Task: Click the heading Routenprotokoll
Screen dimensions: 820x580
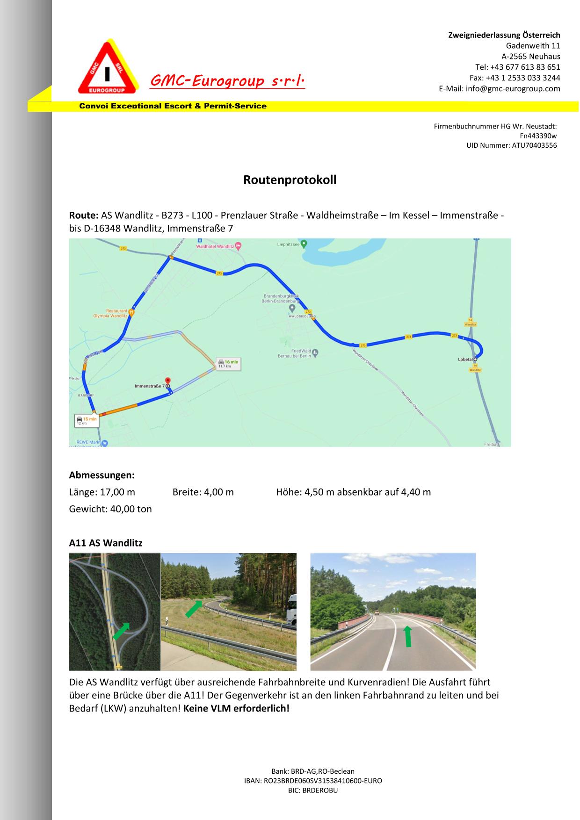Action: [x=290, y=180]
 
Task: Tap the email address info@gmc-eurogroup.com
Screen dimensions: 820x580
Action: [x=513, y=89]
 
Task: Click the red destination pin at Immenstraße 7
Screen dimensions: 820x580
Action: [x=168, y=381]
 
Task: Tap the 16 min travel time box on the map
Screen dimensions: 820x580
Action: [x=228, y=363]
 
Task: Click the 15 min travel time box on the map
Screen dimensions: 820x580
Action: [x=86, y=420]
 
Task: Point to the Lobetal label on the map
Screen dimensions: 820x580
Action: [x=465, y=359]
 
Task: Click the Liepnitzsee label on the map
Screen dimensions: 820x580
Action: [x=289, y=244]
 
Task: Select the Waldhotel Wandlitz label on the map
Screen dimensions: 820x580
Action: [x=215, y=246]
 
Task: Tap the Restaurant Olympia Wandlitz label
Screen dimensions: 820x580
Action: [x=110, y=313]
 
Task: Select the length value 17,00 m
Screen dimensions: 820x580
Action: [x=117, y=492]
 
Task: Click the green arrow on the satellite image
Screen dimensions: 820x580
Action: [x=121, y=631]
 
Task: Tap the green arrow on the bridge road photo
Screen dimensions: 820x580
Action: [x=408, y=636]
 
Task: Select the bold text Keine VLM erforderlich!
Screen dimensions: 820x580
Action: [x=236, y=708]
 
